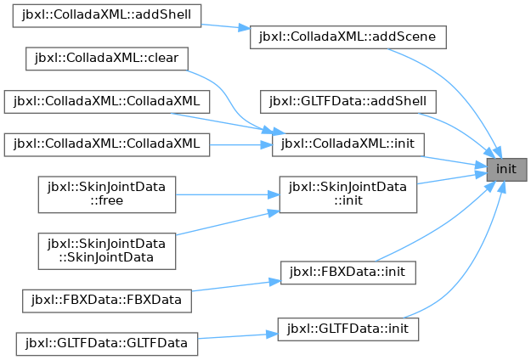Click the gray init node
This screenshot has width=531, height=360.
click(x=506, y=170)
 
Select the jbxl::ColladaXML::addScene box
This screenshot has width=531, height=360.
click(x=348, y=37)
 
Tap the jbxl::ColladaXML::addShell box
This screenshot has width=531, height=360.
click(x=107, y=15)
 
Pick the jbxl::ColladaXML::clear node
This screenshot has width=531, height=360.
click(x=107, y=59)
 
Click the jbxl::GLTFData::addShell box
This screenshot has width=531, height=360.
click(x=348, y=102)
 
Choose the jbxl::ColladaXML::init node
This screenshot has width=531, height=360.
click(x=348, y=145)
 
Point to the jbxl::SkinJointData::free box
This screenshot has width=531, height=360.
click(x=107, y=194)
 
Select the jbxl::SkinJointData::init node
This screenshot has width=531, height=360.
click(x=348, y=194)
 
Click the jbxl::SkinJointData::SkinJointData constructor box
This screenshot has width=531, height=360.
click(x=107, y=251)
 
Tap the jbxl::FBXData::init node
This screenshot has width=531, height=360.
click(x=348, y=273)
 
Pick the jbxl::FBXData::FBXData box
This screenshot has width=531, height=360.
click(x=107, y=301)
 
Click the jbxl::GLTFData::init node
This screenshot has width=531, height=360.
click(x=348, y=329)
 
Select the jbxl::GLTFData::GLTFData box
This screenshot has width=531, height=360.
click(x=107, y=344)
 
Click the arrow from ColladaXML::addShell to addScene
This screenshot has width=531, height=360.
click(x=225, y=26)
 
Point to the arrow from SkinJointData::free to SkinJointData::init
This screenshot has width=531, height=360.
click(x=228, y=194)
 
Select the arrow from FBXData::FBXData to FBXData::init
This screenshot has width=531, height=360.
click(x=236, y=285)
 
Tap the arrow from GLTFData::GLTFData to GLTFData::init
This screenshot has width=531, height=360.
click(x=238, y=336)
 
